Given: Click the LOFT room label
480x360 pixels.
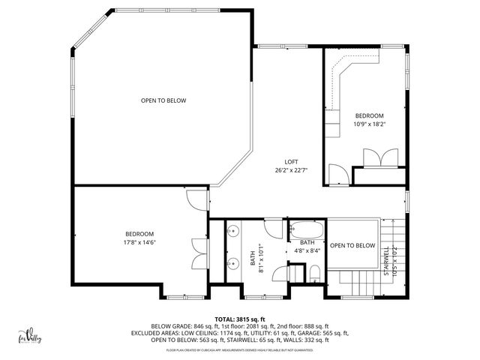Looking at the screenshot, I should [x=291, y=162].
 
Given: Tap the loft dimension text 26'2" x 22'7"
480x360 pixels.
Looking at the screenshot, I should [x=291, y=169].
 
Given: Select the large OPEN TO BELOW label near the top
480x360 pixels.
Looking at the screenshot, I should [x=163, y=100].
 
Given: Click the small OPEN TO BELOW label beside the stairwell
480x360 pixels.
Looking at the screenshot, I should [x=352, y=245].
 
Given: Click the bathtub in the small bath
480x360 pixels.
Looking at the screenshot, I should [x=307, y=229].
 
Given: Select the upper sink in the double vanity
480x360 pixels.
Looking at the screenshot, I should [x=233, y=231].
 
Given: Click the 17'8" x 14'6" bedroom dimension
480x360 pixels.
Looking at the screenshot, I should [x=140, y=242].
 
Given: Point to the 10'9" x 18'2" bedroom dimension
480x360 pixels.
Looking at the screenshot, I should [x=369, y=124].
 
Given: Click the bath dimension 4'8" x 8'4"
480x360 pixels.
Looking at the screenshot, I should [x=307, y=251].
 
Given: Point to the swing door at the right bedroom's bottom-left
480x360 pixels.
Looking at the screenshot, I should [x=337, y=175].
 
